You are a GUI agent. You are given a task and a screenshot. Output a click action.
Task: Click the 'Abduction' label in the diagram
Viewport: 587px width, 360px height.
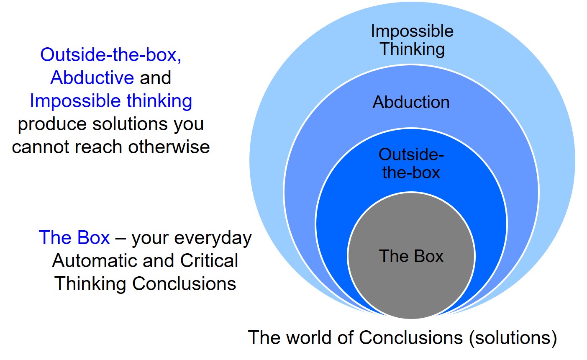(411, 102)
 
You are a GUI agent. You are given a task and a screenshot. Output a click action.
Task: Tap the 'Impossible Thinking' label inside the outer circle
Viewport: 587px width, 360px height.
(412, 40)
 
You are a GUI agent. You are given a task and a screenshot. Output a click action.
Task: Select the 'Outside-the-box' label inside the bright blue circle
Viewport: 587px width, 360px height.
(411, 163)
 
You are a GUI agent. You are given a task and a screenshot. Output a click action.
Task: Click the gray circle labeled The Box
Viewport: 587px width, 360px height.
(411, 256)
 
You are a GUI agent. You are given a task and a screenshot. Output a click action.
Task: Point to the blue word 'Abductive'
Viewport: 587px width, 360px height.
(92, 78)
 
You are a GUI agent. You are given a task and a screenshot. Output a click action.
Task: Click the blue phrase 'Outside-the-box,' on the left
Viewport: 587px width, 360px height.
(110, 55)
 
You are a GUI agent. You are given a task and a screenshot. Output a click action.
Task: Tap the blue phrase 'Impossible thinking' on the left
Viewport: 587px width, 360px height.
(111, 101)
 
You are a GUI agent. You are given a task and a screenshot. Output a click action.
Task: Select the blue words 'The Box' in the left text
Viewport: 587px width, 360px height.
(74, 237)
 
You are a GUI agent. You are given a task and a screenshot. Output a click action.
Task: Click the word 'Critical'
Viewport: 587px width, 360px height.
(209, 261)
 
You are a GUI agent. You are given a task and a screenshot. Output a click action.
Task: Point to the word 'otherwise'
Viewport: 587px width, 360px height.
(169, 147)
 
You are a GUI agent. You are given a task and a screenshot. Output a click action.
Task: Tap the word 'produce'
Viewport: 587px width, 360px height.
(52, 125)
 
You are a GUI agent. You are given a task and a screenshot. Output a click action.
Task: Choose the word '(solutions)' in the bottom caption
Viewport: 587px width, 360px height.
(513, 338)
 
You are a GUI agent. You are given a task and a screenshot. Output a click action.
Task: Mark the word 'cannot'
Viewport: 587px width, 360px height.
(40, 147)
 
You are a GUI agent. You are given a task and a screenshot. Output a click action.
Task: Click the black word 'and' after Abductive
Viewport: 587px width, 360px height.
(155, 78)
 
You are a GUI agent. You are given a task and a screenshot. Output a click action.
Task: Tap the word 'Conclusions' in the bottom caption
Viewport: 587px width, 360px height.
(410, 337)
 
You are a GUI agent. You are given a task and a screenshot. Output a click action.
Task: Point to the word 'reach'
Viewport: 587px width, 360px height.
(99, 147)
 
